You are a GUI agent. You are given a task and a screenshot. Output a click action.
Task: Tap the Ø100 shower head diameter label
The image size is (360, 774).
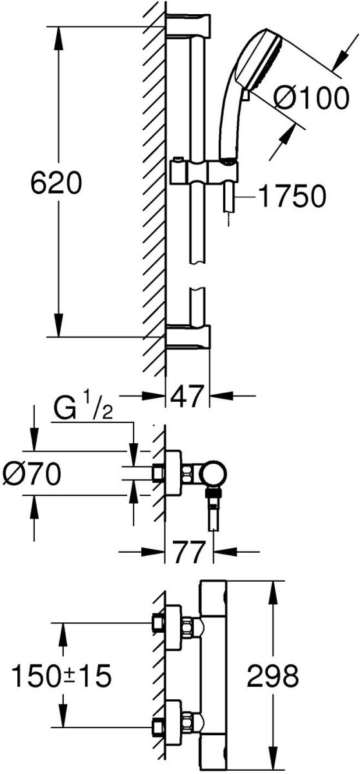pos(311,98)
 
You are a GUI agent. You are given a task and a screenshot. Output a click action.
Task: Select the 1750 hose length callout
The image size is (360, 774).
pos(292,196)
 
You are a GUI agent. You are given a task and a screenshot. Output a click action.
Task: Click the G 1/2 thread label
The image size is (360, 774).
pos(83,410)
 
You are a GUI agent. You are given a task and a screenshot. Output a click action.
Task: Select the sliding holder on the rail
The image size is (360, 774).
pos(204,170)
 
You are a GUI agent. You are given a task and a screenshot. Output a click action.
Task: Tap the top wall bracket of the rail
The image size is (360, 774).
pos(188,25)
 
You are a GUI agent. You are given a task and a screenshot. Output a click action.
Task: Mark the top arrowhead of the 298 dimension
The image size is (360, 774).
pos(274,593)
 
